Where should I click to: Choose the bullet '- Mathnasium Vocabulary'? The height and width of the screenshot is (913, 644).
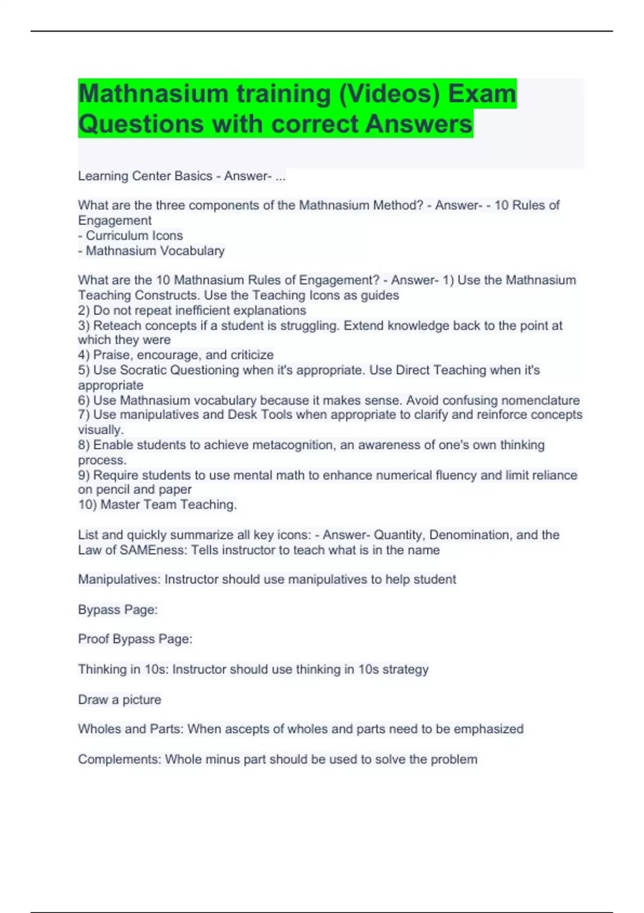tap(151, 251)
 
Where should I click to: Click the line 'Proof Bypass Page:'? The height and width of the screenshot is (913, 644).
tap(135, 639)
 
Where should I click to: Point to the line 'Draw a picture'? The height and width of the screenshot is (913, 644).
tap(120, 700)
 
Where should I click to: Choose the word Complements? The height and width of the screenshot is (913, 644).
tap(119, 759)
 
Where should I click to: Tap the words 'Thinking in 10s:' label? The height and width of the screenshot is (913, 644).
tap(123, 670)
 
